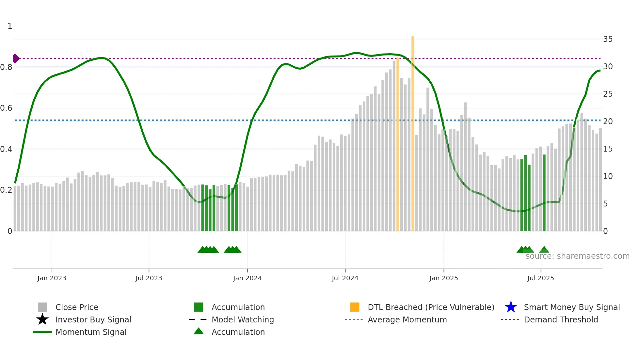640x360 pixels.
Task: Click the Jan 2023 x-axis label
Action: tap(52, 278)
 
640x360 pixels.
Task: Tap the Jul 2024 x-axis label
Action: tap(345, 278)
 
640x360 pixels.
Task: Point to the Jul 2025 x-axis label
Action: tap(540, 278)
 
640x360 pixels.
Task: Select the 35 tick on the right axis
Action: tap(608, 39)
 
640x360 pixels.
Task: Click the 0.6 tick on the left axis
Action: tap(7, 108)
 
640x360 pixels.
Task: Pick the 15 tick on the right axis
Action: tap(608, 149)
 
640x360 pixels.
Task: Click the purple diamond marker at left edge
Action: tap(16, 58)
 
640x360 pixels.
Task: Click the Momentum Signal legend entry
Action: tap(91, 332)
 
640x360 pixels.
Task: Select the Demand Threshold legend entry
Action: tap(561, 319)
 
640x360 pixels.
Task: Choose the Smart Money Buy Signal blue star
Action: tap(511, 307)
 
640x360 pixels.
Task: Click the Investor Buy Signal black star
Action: tap(42, 319)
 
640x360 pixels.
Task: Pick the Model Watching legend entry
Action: tap(243, 319)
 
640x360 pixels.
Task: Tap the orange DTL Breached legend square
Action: tap(355, 307)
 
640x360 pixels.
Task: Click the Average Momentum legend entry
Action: tap(407, 319)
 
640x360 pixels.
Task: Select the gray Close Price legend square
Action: tap(42, 307)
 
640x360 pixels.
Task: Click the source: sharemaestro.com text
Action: tap(577, 256)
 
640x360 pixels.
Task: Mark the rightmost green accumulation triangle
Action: tap(544, 250)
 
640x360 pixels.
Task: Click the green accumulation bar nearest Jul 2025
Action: tap(544, 193)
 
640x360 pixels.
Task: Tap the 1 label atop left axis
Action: tap(10, 26)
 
